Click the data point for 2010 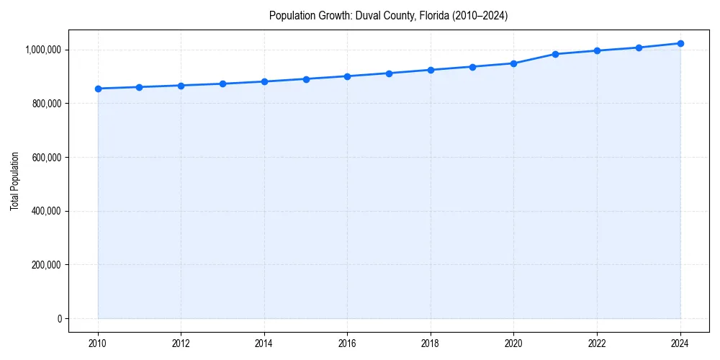pyautogui.click(x=98, y=89)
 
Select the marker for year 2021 pyautogui.click(x=555, y=54)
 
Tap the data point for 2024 pyautogui.click(x=680, y=43)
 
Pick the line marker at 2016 pyautogui.click(x=347, y=76)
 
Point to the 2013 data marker pyautogui.click(x=222, y=84)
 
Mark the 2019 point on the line pyautogui.click(x=472, y=67)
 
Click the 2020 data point pyautogui.click(x=513, y=63)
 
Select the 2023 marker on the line pyautogui.click(x=639, y=48)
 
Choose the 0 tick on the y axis pyautogui.click(x=60, y=318)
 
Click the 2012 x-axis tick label pyautogui.click(x=181, y=343)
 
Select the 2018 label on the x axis pyautogui.click(x=431, y=343)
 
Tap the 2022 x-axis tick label pyautogui.click(x=597, y=343)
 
